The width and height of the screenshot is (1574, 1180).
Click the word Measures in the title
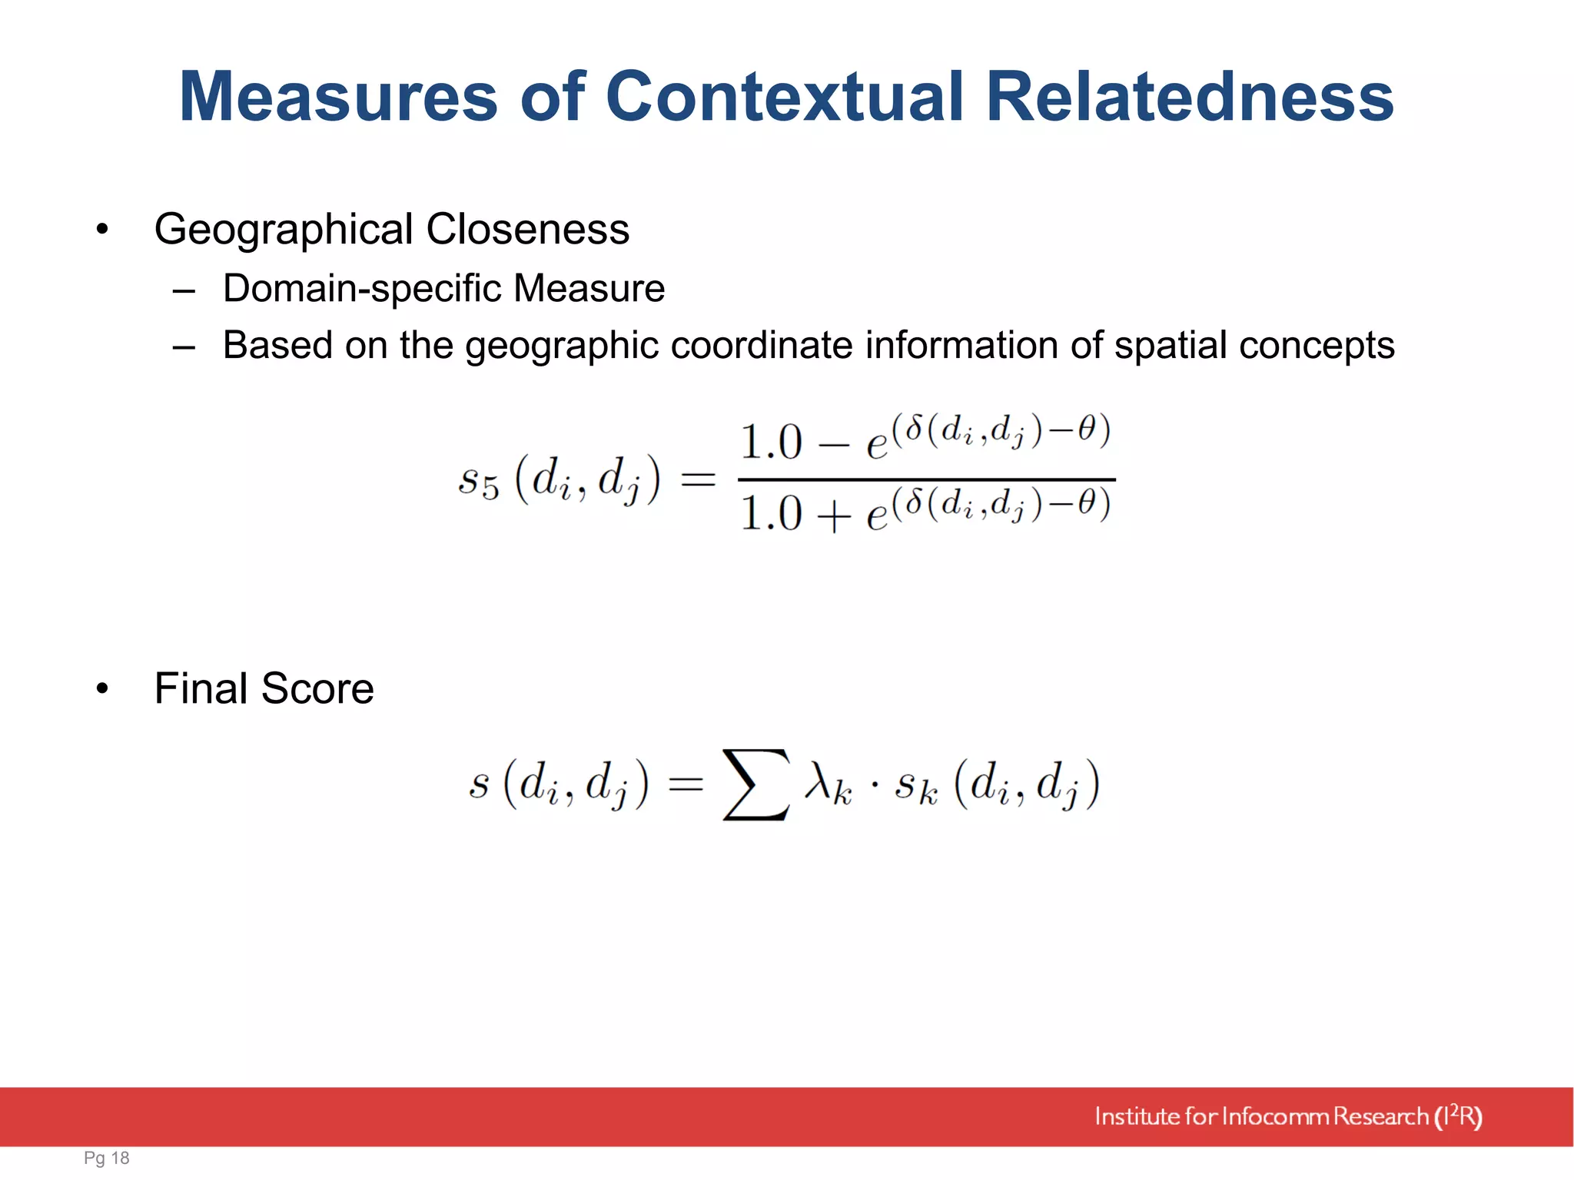point(339,98)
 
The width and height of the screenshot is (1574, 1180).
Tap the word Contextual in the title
point(785,98)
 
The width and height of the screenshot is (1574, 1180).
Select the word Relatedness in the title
point(1190,98)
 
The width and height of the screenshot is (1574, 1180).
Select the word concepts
point(1318,345)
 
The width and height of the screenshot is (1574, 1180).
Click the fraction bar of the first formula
point(926,480)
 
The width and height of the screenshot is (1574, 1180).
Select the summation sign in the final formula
point(756,784)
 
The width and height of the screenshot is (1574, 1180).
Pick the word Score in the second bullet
point(317,688)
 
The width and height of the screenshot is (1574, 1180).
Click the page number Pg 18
point(107,1158)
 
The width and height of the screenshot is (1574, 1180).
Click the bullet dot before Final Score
point(102,688)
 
